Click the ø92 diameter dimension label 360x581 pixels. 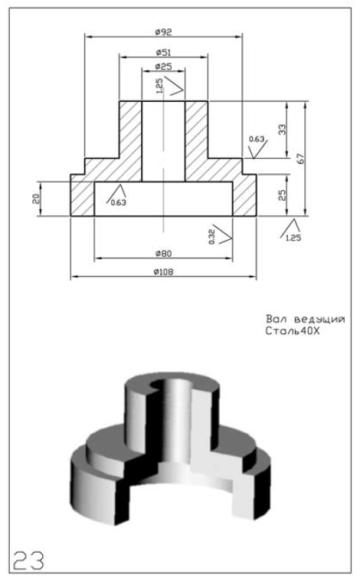(x=163, y=32)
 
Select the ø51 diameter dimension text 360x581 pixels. (x=163, y=53)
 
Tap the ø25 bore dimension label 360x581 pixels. (x=163, y=67)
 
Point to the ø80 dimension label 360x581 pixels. (x=163, y=254)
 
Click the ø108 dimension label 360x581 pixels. (x=163, y=272)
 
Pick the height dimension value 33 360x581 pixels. (x=282, y=130)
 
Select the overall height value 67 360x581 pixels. (x=301, y=159)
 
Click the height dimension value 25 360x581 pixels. (x=282, y=195)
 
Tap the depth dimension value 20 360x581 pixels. (x=35, y=199)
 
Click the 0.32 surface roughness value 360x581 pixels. (x=211, y=237)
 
